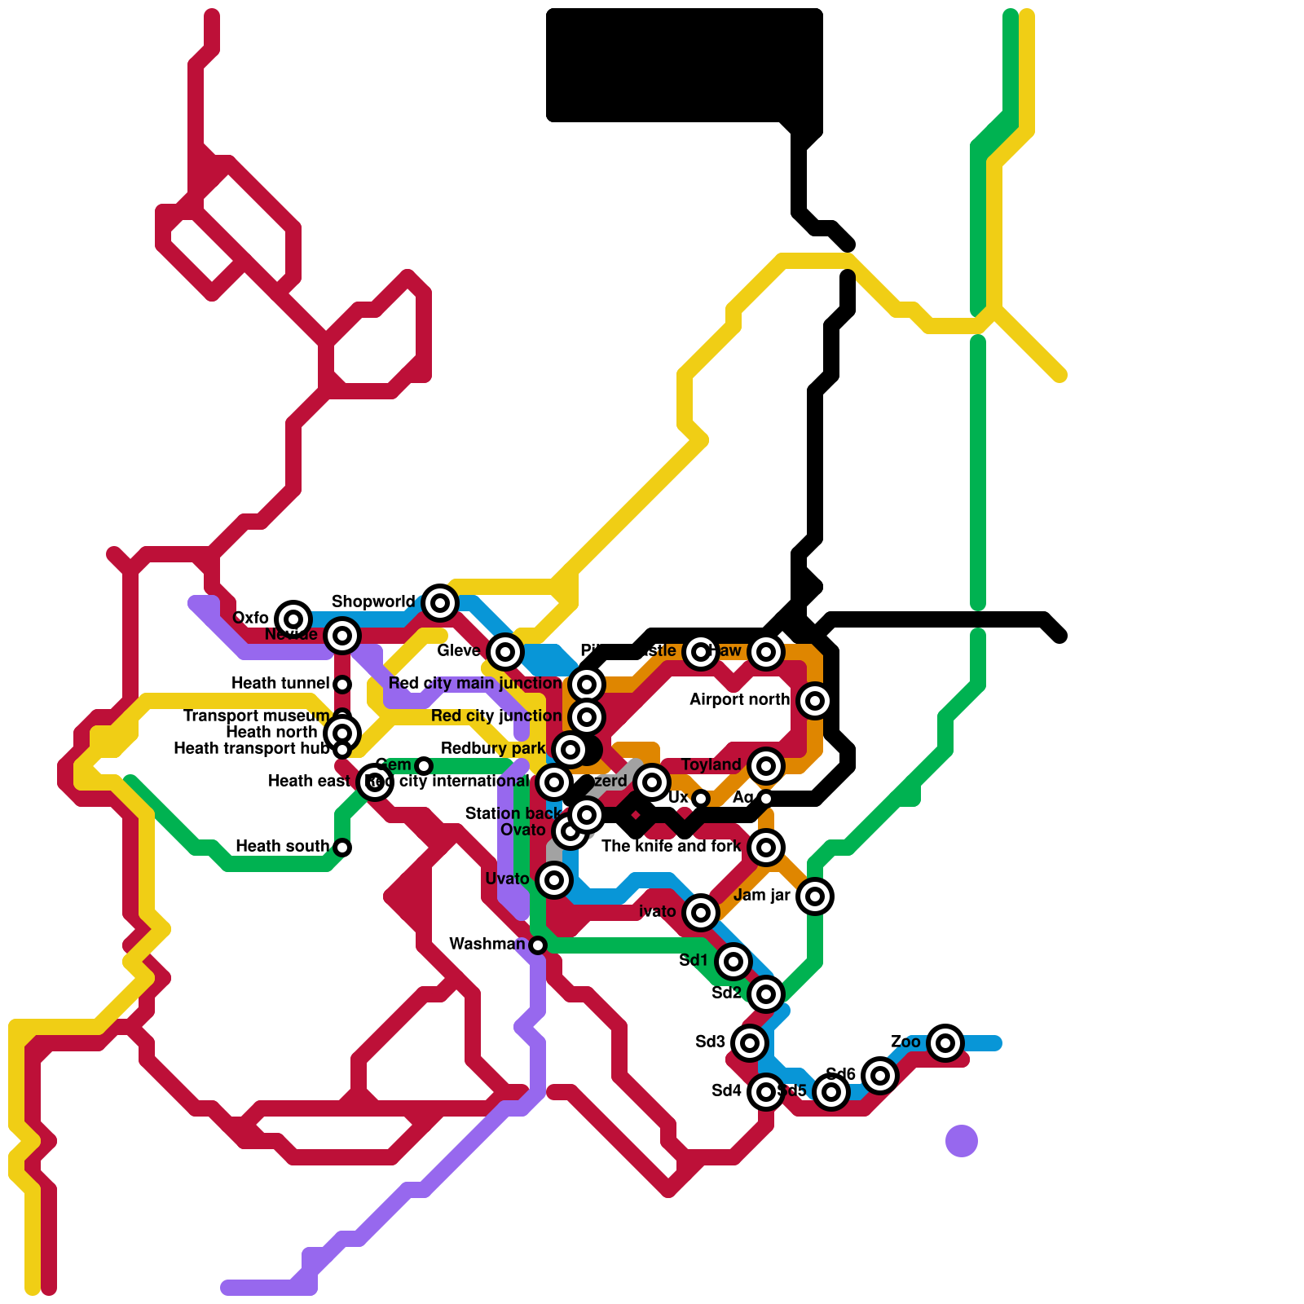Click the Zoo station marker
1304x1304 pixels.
click(945, 1042)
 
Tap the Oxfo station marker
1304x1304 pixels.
click(293, 619)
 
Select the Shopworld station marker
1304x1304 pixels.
click(440, 602)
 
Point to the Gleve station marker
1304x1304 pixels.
click(505, 651)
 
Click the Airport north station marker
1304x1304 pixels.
click(814, 700)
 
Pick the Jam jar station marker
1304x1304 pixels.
click(814, 896)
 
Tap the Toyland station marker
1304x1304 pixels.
click(765, 765)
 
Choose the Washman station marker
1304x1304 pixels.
click(537, 945)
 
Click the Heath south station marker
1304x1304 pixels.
click(342, 847)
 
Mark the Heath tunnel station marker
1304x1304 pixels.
click(342, 684)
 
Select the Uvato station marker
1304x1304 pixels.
click(553, 879)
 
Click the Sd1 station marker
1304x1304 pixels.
click(733, 961)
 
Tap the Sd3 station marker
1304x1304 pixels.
click(749, 1042)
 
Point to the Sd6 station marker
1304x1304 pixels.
click(879, 1075)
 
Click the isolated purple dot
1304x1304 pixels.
click(961, 1140)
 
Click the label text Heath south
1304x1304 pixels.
click(282, 846)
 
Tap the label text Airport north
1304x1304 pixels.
click(739, 699)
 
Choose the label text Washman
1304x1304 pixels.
click(487, 944)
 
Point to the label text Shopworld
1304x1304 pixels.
click(372, 601)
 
